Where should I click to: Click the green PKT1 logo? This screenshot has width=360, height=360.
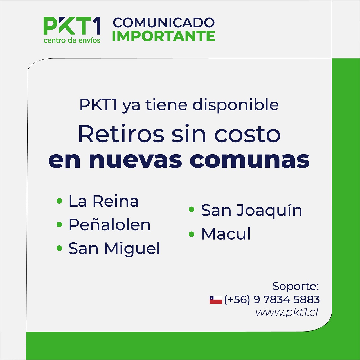point(72,26)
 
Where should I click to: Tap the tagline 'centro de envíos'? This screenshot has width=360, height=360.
point(72,40)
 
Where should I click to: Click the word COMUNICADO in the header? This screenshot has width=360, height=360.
point(164,23)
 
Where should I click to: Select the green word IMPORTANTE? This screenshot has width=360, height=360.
point(163,36)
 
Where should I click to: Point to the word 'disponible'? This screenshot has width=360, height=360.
point(235,105)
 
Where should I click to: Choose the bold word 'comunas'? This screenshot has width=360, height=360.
point(249,160)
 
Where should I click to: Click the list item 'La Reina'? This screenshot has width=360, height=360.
point(104,201)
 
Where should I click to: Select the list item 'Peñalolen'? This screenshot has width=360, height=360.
point(109,225)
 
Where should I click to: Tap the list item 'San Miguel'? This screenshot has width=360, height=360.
point(114,248)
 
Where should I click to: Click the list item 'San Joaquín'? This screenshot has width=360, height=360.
point(251,210)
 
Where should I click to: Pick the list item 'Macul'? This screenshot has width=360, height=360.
point(226,234)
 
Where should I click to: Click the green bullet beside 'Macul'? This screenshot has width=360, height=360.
point(192,234)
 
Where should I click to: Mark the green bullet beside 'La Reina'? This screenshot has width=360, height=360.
point(59,201)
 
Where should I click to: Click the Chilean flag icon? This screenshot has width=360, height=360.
point(216,300)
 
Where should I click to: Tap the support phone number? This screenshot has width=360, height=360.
point(272,299)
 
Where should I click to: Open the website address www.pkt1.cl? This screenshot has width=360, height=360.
point(287,312)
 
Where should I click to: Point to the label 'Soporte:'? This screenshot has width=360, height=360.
point(296,286)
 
